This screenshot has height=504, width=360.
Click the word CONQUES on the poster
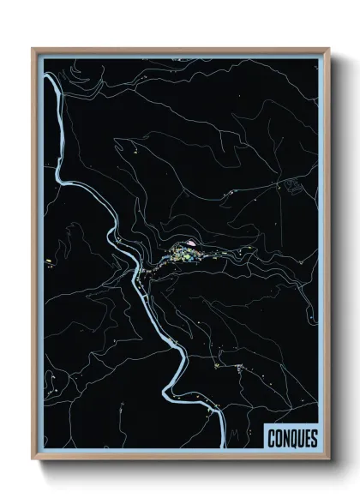click(291, 439)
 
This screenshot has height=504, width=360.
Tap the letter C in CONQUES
click(270, 439)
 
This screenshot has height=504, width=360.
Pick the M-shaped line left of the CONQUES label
click(232, 439)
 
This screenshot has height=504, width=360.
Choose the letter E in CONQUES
click(306, 439)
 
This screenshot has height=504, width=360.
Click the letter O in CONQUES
click(277, 439)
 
